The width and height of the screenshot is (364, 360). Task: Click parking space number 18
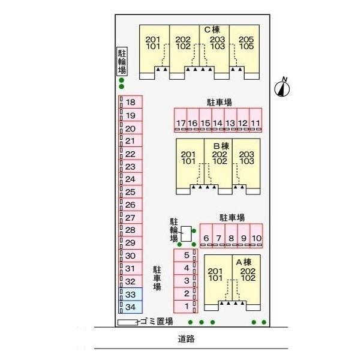coord(130,103)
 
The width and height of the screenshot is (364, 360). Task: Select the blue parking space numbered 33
coord(130,294)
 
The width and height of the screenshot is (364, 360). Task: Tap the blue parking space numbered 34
coord(130,307)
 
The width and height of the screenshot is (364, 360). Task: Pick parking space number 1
coord(186,307)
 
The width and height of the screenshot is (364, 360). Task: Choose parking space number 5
coord(186,255)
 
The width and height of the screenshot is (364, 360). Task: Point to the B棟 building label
coord(221,145)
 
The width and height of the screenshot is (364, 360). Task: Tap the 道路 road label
coord(186,338)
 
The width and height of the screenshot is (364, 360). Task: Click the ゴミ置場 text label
coord(157,322)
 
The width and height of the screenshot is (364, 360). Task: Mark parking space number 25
coord(130,192)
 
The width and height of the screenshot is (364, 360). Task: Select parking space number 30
coord(130,256)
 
